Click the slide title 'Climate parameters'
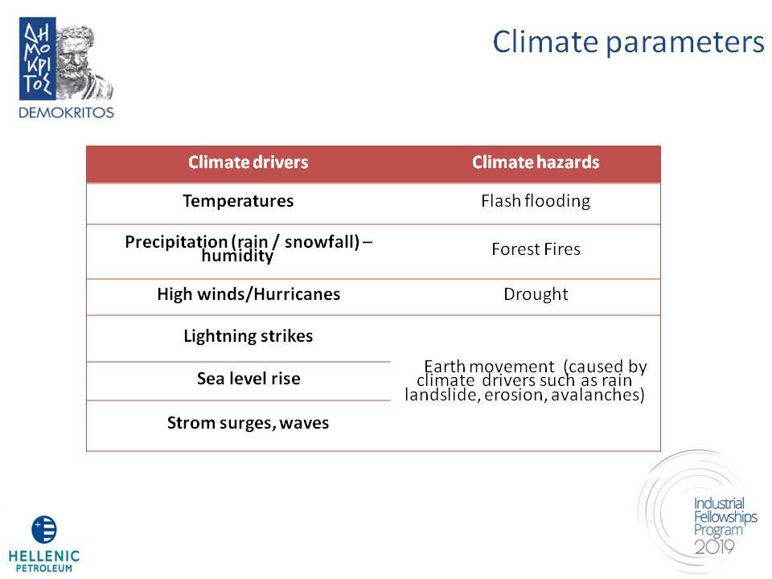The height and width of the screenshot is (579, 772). [x=628, y=43]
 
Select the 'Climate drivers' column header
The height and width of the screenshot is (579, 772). [x=248, y=162]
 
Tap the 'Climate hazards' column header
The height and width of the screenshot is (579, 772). [x=536, y=162]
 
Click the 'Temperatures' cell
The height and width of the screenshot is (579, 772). [x=238, y=201]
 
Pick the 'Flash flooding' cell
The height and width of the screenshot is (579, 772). [x=536, y=201]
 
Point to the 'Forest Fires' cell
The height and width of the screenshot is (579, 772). [x=536, y=249]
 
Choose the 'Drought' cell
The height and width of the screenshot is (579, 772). [x=536, y=294]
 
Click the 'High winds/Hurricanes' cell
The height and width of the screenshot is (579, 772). [x=248, y=294]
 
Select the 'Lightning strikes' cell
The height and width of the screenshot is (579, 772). [x=248, y=336]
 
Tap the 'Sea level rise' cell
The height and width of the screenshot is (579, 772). [x=248, y=378]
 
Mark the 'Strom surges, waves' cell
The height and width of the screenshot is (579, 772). [x=248, y=423]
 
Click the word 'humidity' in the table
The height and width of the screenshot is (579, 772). [x=237, y=256]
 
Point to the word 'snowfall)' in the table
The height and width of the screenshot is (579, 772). [x=322, y=242]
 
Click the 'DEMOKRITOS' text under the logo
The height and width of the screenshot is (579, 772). [x=66, y=113]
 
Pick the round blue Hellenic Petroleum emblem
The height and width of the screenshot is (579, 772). [x=43, y=529]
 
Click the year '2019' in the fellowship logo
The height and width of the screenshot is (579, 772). [x=714, y=547]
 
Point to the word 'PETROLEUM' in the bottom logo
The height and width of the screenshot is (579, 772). [x=43, y=569]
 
